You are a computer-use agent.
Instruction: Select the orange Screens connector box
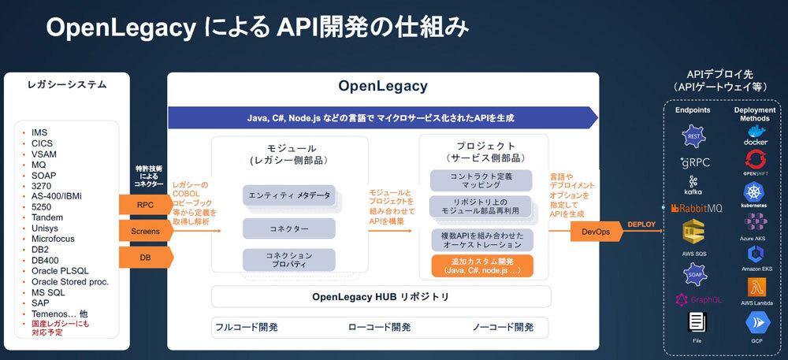point(144,232)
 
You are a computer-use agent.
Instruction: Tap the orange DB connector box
point(144,257)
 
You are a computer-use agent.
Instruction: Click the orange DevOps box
point(596,232)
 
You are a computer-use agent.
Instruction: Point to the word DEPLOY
point(643,225)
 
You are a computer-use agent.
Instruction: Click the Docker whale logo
point(755,132)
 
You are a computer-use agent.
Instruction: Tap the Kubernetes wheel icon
point(755,191)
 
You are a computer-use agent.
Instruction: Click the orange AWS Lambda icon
point(755,286)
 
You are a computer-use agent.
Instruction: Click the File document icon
point(696,321)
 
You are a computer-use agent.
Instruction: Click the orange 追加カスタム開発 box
point(481,265)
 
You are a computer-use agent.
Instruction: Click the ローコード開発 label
point(379,327)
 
